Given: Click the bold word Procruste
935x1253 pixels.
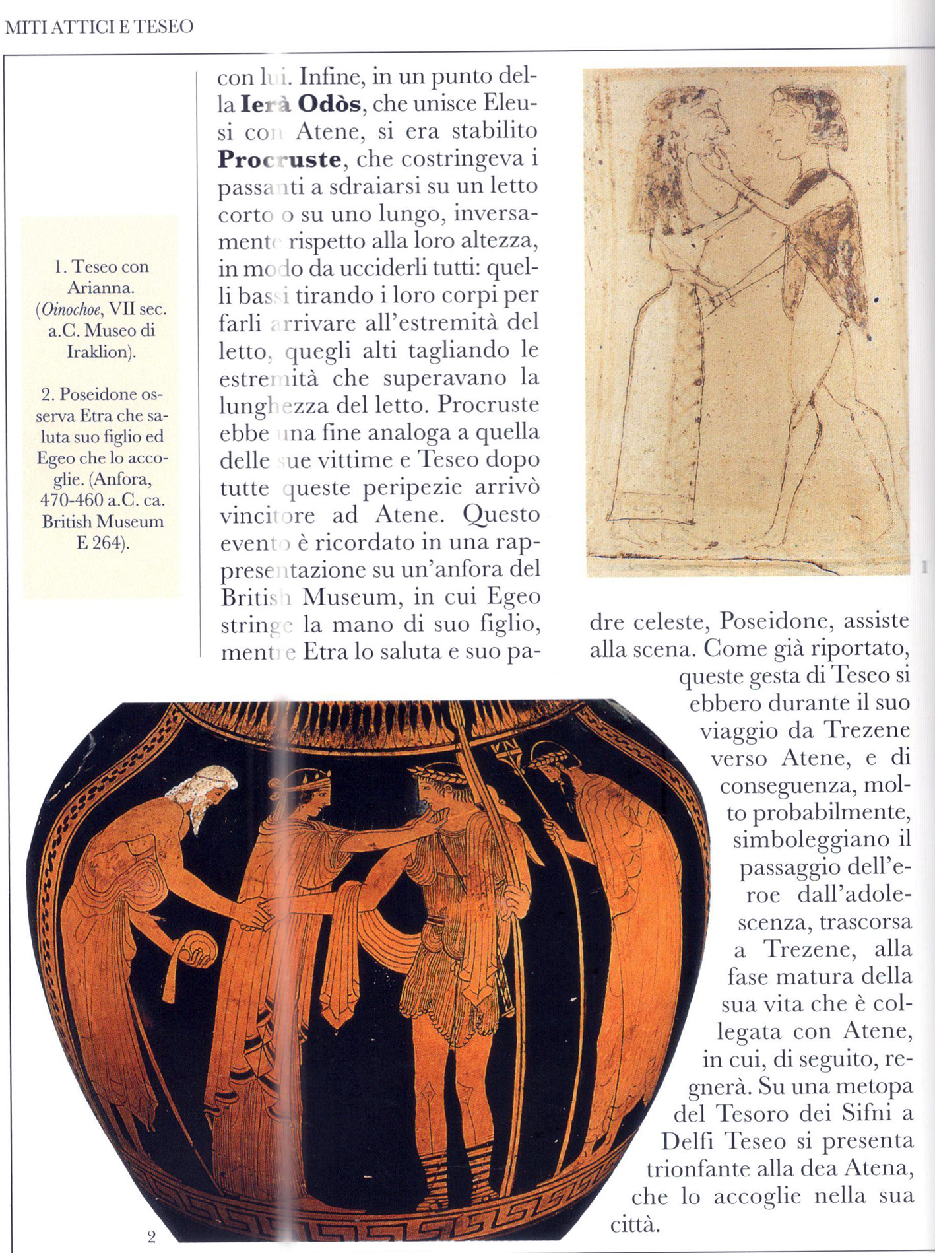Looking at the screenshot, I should click(279, 159).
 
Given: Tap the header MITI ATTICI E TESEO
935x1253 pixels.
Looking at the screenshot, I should click(99, 27).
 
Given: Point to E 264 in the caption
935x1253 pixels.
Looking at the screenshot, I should click(102, 543).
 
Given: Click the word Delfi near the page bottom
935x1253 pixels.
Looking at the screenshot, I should click(688, 1141).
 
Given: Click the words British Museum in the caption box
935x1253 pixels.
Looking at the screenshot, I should click(102, 522).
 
